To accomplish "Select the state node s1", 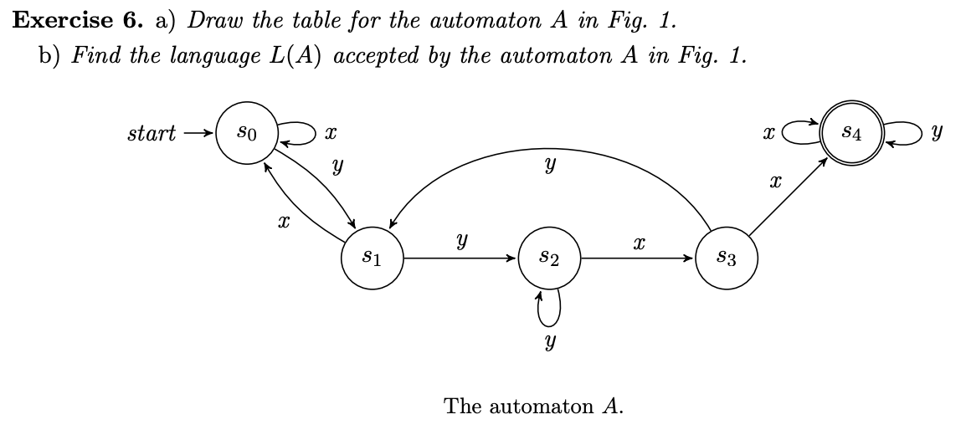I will point(373,258).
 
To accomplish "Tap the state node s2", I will point(550,258).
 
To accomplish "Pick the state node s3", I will point(727,258).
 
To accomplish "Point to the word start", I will point(152,133).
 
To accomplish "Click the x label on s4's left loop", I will point(768,133).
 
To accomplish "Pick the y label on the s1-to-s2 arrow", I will point(461,241).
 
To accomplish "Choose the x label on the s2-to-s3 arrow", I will point(639,242).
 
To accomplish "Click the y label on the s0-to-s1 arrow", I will point(337,167).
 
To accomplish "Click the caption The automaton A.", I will point(534,407).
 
